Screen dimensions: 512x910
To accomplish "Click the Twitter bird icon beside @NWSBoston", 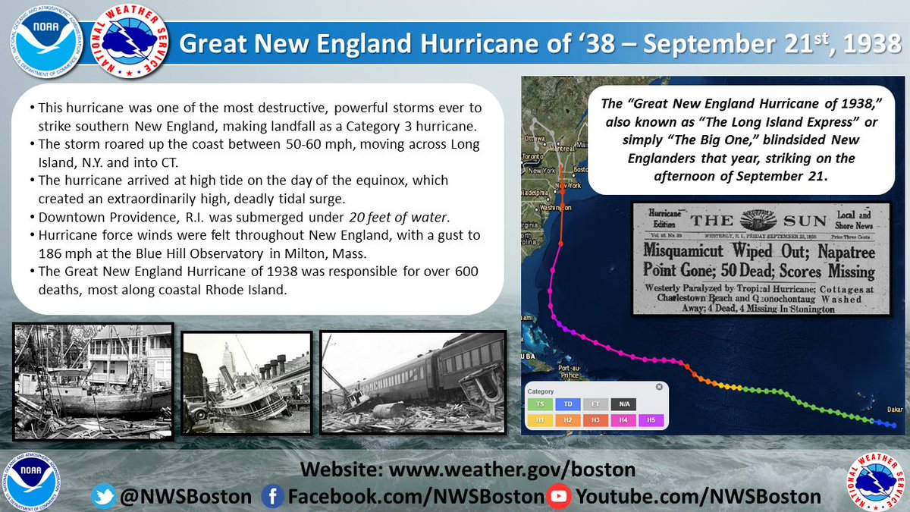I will click(x=103, y=497).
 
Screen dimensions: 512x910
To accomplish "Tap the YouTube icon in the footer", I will click(x=559, y=497).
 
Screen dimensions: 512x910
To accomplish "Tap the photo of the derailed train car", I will click(x=413, y=382).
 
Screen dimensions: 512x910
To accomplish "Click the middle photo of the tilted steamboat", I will click(x=245, y=382).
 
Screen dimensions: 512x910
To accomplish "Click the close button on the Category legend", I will click(x=659, y=388).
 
